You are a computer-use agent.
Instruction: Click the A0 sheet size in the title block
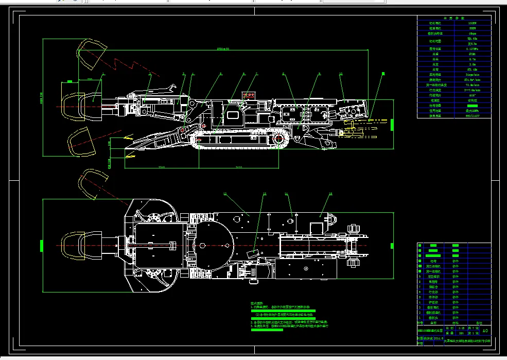point(484,330)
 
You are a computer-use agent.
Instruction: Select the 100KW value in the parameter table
point(472,23)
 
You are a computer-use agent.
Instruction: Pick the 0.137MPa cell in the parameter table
point(472,48)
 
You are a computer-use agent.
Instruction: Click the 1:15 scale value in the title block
point(449,328)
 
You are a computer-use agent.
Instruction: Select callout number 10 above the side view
point(341,74)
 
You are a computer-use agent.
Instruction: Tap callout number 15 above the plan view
point(330,194)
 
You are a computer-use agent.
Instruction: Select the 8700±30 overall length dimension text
point(223,49)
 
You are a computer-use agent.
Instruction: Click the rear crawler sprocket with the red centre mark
point(279,139)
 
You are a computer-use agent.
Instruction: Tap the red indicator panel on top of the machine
point(249,95)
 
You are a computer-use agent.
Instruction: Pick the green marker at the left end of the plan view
point(42,245)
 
